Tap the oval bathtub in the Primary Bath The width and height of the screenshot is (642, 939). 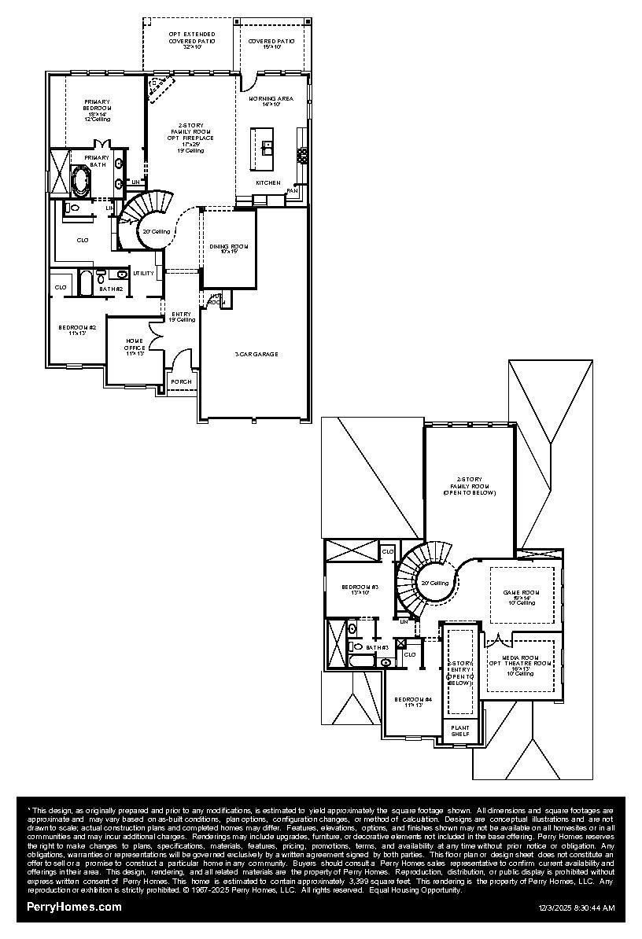click(x=81, y=182)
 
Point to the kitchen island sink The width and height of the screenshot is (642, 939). click(x=267, y=145)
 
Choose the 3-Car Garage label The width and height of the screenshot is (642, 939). click(x=255, y=354)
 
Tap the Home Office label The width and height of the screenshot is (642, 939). click(x=134, y=347)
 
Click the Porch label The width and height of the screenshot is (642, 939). click(x=181, y=382)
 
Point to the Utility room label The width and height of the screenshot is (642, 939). click(x=143, y=273)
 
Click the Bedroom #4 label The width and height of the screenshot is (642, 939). click(x=412, y=701)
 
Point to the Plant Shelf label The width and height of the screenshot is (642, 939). click(x=459, y=731)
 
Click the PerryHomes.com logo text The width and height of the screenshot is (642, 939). click(x=75, y=907)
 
